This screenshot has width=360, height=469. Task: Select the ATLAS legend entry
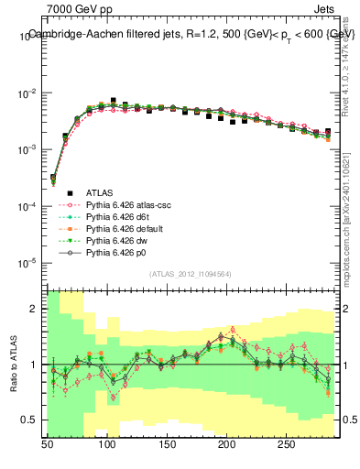100,192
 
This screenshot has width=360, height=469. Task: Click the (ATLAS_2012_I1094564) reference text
190,273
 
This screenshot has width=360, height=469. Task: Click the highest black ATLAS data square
114,101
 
